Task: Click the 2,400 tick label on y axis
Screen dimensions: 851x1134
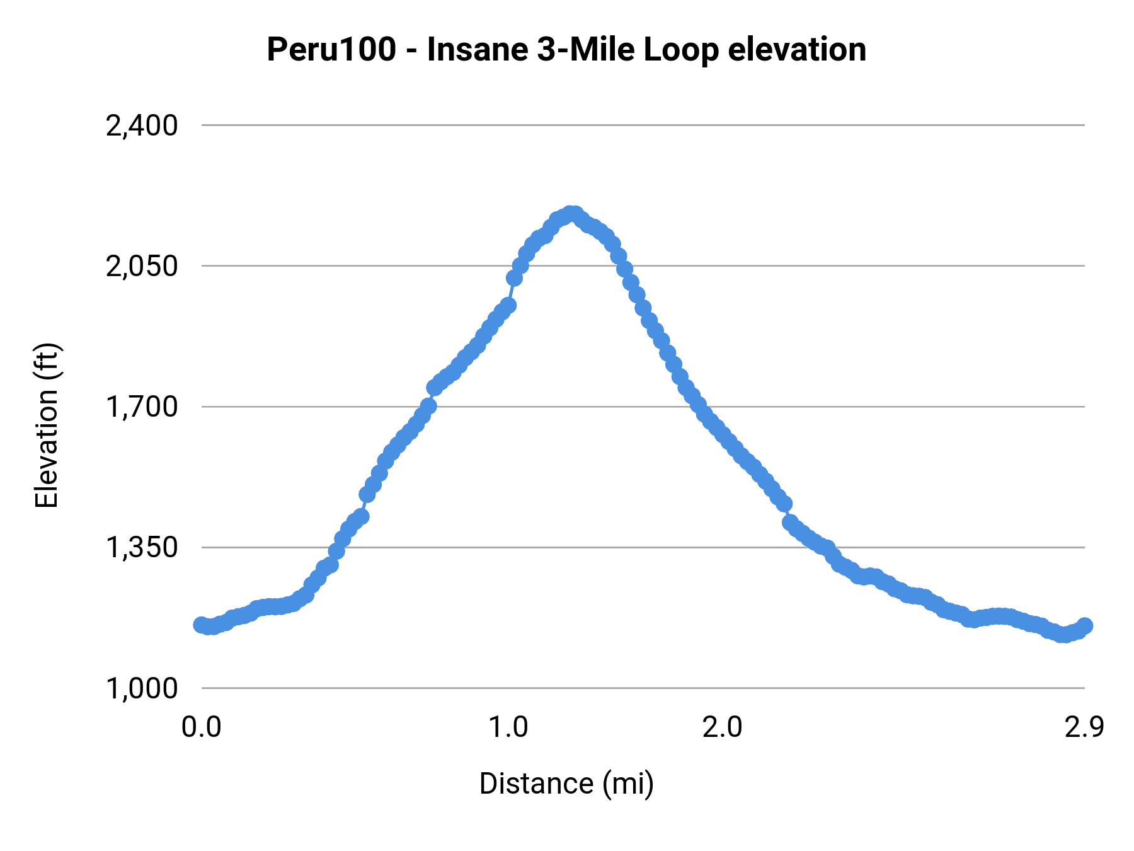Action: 142,126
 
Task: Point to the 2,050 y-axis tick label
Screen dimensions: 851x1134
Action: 142,267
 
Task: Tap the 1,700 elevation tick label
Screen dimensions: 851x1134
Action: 142,407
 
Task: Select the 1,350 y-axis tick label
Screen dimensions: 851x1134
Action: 142,548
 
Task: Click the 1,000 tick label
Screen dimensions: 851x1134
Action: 142,688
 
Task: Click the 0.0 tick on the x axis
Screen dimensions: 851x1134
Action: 201,727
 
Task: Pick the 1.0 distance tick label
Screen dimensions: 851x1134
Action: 508,727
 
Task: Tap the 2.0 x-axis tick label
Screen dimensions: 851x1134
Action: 722,727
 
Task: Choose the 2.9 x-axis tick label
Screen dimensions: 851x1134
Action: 1084,727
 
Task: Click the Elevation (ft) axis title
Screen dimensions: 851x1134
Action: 46,425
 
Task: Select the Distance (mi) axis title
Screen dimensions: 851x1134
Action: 566,784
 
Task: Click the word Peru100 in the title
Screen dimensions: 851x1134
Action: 331,50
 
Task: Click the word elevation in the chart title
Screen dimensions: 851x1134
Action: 797,50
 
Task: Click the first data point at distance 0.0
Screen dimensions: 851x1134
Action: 201,625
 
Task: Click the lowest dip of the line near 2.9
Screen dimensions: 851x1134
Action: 1063,635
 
